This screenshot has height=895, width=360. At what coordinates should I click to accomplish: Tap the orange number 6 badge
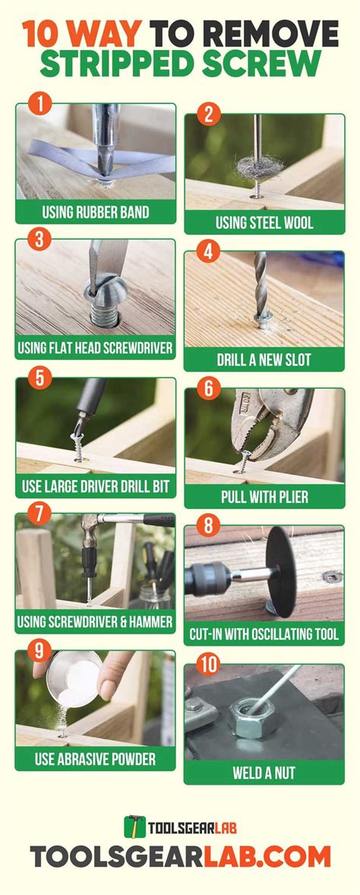pyautogui.click(x=210, y=388)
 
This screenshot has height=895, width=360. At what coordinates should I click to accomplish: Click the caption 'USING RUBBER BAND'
pyautogui.click(x=95, y=210)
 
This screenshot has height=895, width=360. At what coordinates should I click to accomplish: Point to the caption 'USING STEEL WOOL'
pyautogui.click(x=264, y=223)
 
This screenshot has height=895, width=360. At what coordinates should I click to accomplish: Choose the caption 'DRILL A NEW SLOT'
pyautogui.click(x=264, y=359)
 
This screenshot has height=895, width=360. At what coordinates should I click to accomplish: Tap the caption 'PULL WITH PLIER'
pyautogui.click(x=264, y=497)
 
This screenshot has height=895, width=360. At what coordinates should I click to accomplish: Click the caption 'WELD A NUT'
pyautogui.click(x=264, y=773)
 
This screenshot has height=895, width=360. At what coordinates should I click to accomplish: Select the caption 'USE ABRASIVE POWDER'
pyautogui.click(x=95, y=757)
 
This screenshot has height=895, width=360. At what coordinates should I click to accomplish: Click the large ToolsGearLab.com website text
pyautogui.click(x=180, y=856)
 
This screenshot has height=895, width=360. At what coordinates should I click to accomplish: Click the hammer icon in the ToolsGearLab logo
pyautogui.click(x=131, y=827)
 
